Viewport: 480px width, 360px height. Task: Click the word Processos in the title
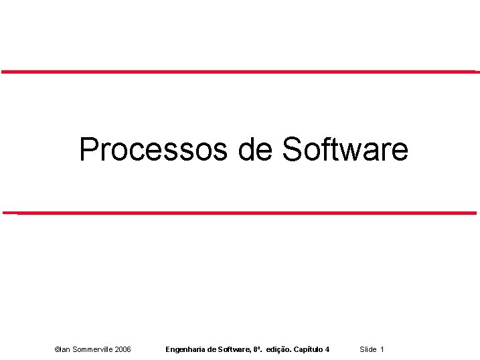(x=153, y=149)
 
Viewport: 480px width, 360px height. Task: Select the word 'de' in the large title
(x=254, y=149)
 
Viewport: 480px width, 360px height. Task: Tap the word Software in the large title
(x=345, y=149)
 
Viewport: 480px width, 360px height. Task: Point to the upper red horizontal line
(x=240, y=71)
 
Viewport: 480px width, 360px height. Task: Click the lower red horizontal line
(x=240, y=213)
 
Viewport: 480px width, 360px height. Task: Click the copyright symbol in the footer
(x=56, y=350)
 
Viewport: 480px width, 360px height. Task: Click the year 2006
(x=123, y=350)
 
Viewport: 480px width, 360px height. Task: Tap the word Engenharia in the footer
(x=185, y=350)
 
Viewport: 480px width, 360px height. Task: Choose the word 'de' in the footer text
(x=212, y=350)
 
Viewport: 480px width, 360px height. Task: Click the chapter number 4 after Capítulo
(x=327, y=350)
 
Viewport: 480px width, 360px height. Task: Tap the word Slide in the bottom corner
(x=368, y=350)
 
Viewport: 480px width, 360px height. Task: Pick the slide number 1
(x=382, y=350)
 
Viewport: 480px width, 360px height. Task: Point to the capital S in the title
(x=293, y=149)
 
